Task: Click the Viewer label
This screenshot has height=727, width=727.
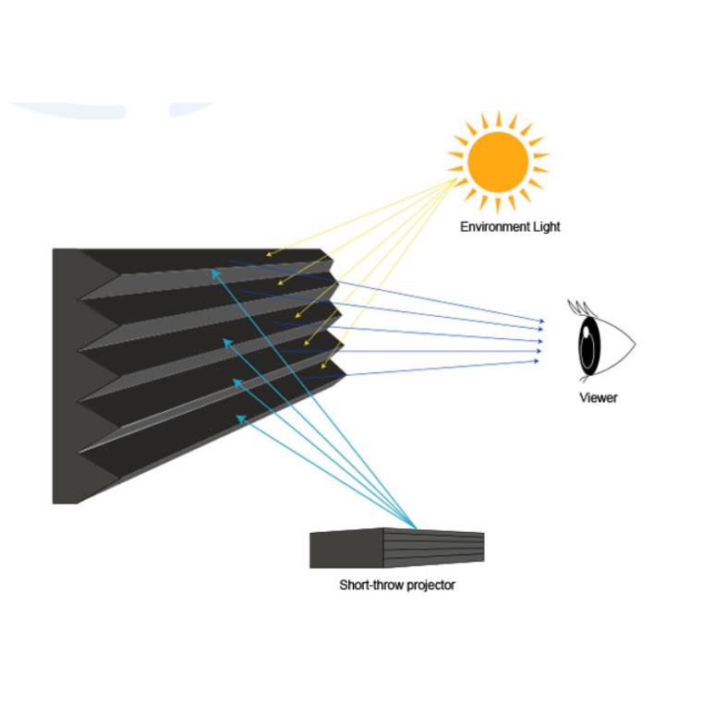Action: pos(598,398)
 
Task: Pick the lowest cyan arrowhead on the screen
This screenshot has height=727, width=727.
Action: pos(239,418)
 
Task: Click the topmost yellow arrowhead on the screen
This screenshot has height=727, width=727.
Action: pos(269,253)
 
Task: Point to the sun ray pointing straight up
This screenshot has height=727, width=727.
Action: pos(498,119)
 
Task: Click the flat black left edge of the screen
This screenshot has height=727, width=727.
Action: pos(65,370)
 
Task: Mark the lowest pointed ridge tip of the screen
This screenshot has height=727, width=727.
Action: pos(345,371)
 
